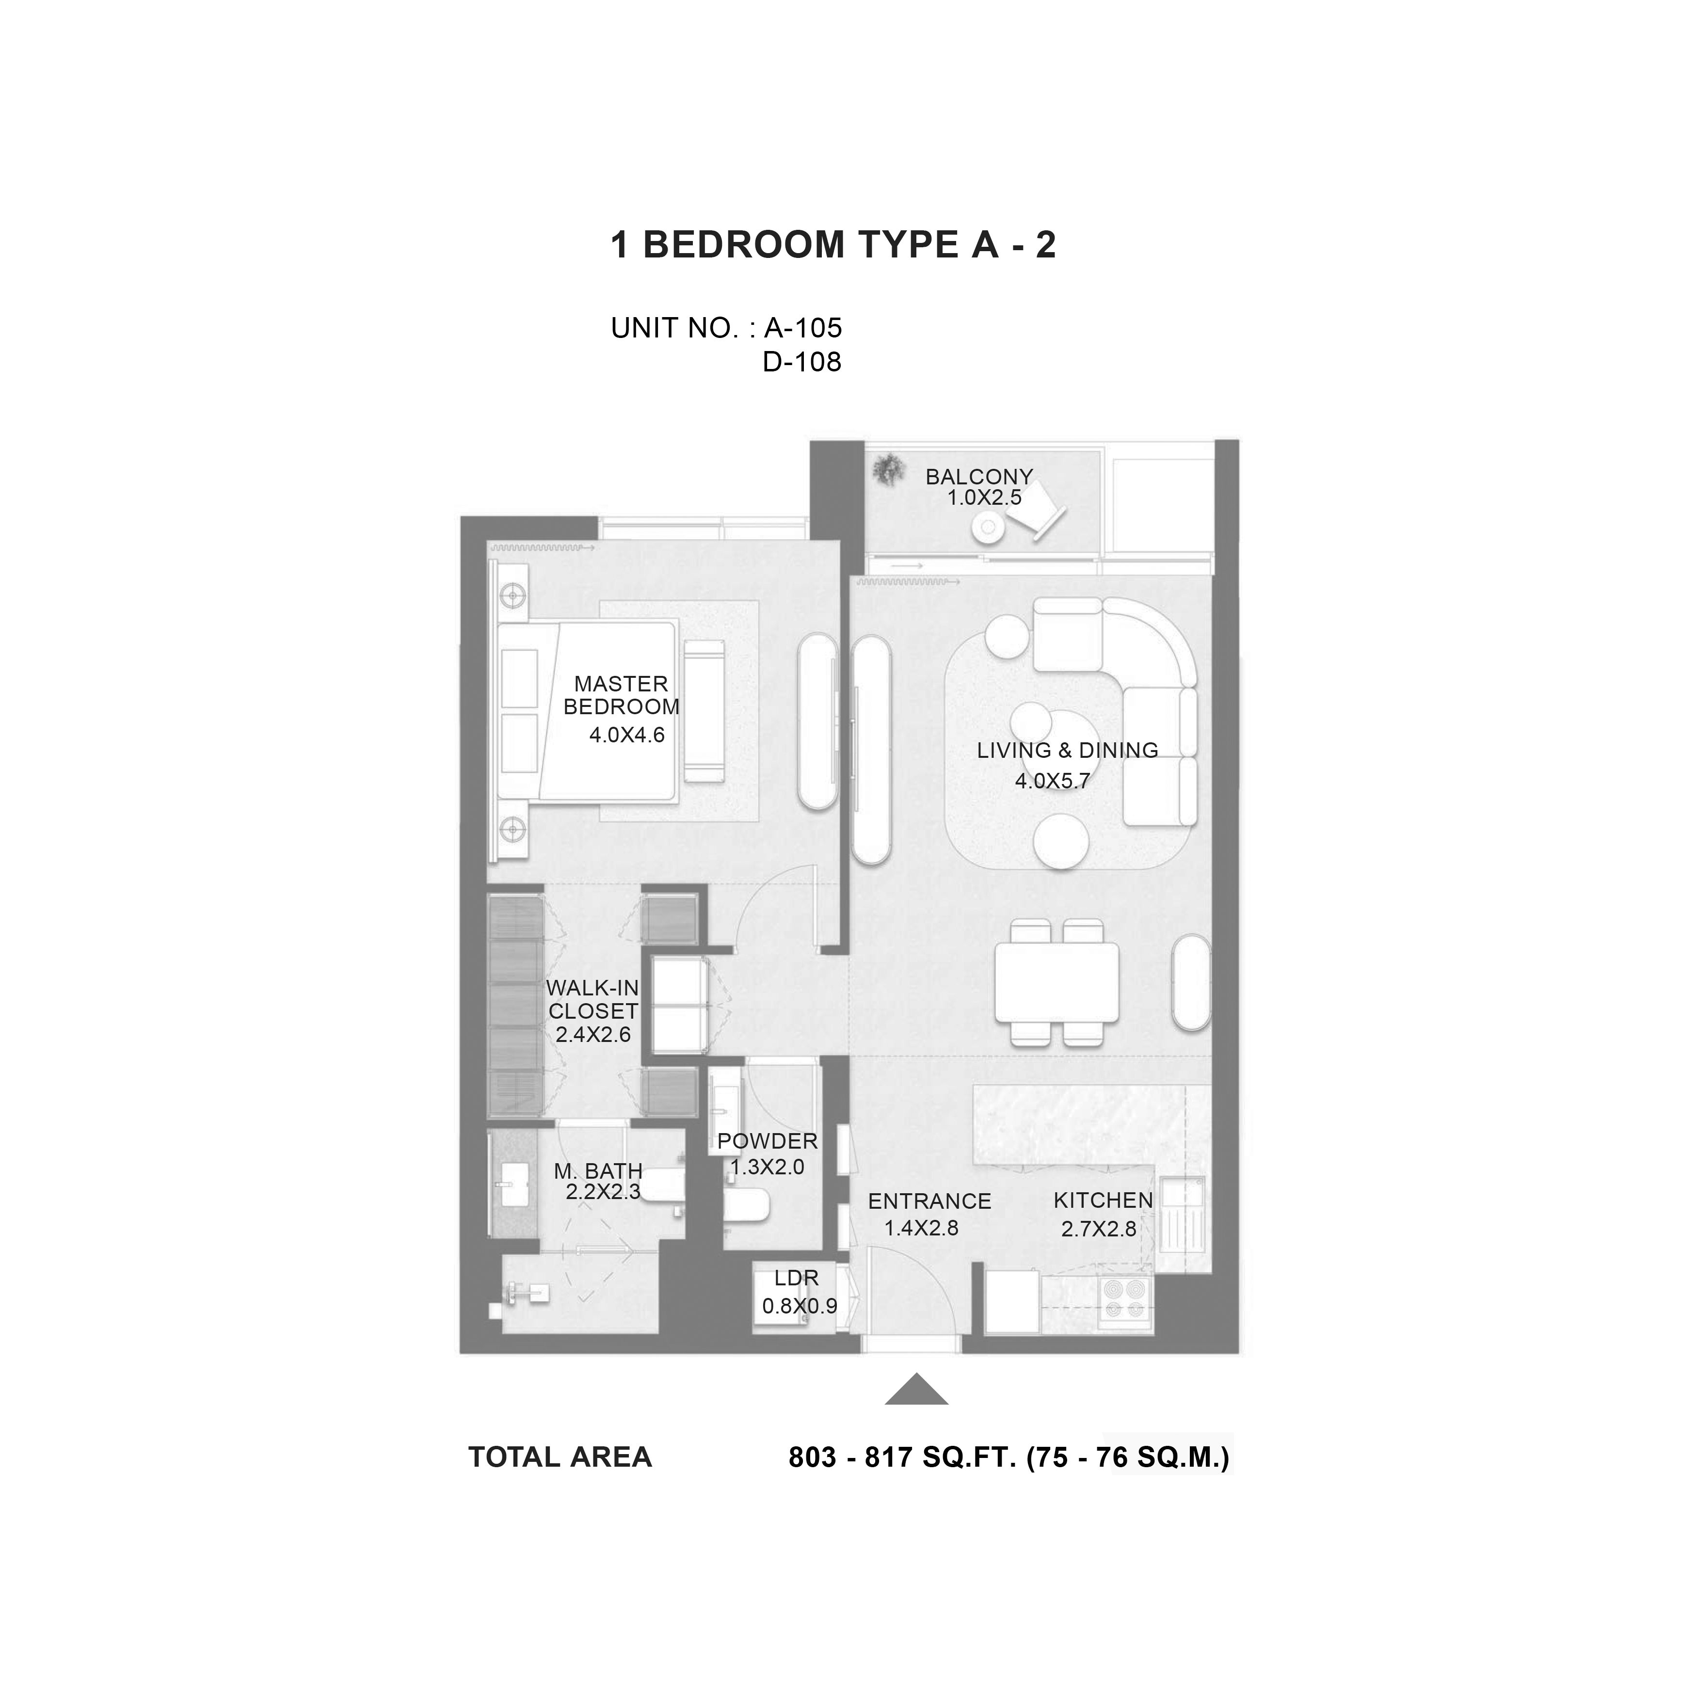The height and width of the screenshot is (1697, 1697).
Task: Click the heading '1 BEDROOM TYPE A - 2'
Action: [x=832, y=245]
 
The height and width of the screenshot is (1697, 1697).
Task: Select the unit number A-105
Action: [x=803, y=328]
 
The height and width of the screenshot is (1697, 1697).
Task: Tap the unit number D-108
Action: [x=802, y=362]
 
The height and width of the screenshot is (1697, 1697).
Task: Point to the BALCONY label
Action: [x=979, y=477]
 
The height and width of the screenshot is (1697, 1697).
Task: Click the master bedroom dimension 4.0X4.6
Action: [x=626, y=735]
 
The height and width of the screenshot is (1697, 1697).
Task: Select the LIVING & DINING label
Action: [x=1067, y=750]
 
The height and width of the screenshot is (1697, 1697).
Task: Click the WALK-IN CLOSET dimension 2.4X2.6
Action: [x=593, y=1035]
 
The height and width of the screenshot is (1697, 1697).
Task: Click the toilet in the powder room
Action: [x=747, y=1205]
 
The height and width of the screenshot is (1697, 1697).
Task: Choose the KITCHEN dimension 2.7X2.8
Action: [x=1099, y=1229]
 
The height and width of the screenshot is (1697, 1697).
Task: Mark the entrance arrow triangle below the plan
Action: [x=916, y=1389]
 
